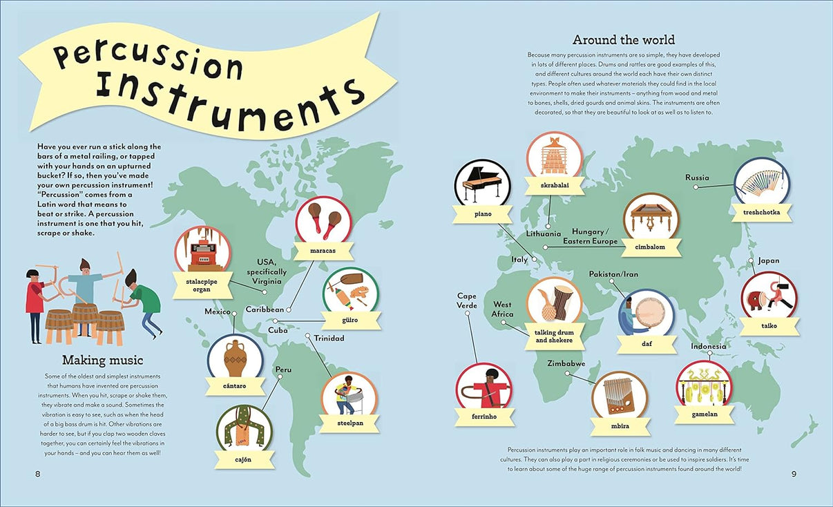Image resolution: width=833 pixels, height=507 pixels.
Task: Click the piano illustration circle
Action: click(x=481, y=186)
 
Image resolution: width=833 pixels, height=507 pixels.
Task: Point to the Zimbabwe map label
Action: click(x=566, y=363)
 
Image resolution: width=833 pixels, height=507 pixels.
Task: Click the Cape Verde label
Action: click(x=467, y=300)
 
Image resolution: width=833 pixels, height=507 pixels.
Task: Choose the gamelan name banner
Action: click(x=705, y=414)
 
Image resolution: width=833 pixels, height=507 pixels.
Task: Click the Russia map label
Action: click(x=697, y=178)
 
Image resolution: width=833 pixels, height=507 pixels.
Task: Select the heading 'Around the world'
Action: click(x=624, y=39)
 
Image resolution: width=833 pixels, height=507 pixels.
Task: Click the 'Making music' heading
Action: click(x=103, y=359)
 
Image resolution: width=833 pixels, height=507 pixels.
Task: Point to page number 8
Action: click(x=38, y=473)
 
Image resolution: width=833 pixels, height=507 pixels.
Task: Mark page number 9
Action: click(x=794, y=473)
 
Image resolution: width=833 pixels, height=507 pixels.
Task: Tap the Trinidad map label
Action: click(x=329, y=338)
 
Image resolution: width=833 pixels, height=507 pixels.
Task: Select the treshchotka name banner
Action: click(x=761, y=213)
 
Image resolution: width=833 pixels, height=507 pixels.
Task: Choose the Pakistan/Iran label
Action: click(x=613, y=274)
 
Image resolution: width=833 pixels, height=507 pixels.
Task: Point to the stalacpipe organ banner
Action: click(x=202, y=286)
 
